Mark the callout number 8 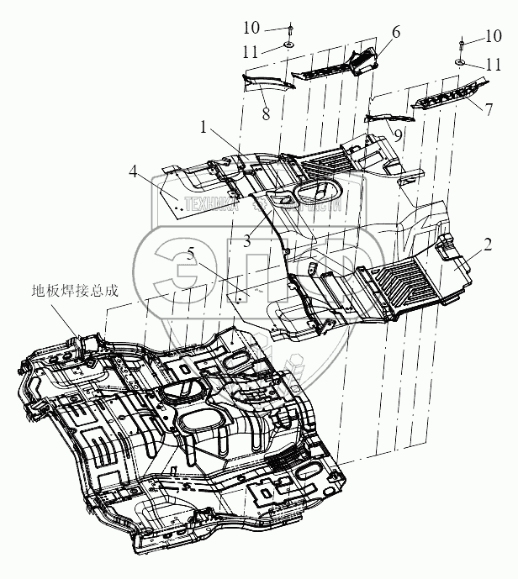click(266, 114)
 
